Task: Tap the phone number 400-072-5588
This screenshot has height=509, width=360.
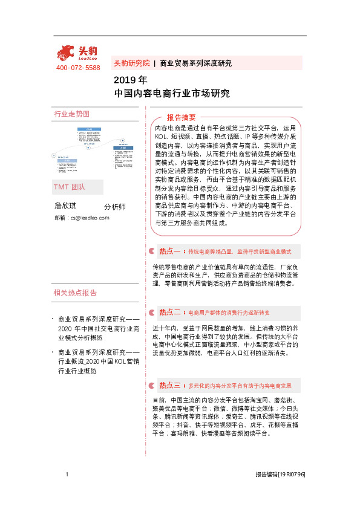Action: click(x=78, y=68)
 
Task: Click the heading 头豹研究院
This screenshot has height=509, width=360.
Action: click(x=132, y=63)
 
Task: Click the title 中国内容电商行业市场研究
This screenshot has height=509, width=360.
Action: click(x=172, y=94)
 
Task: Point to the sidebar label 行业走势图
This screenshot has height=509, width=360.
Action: click(x=72, y=114)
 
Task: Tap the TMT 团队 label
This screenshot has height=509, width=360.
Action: click(x=70, y=187)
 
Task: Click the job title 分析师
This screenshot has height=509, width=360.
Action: click(x=115, y=207)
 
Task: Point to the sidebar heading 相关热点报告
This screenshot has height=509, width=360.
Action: click(x=75, y=293)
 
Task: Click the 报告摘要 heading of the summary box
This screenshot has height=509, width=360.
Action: click(x=181, y=117)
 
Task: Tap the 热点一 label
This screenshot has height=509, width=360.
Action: click(x=171, y=250)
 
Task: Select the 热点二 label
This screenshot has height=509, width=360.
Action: click(x=171, y=313)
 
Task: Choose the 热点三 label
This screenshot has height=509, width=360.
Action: click(x=171, y=384)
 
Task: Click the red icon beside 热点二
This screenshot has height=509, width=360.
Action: click(x=151, y=313)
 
